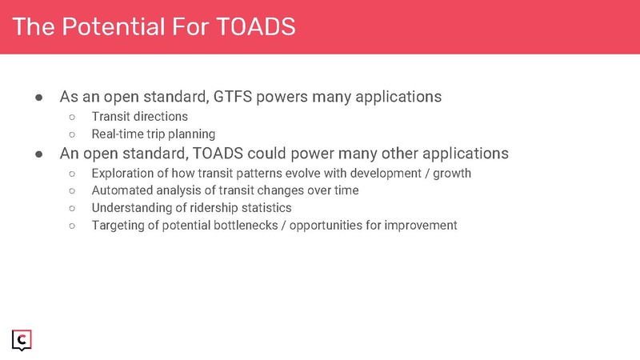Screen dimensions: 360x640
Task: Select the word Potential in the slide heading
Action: [x=116, y=27]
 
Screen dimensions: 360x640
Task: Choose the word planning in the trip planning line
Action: [x=190, y=134]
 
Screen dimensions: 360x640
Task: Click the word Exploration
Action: [x=124, y=172]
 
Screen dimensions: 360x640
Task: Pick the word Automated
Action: [x=122, y=190]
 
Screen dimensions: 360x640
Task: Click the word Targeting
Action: [x=118, y=225]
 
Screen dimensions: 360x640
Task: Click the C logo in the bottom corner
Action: [x=22, y=340]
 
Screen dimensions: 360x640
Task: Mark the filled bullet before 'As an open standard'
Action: [x=38, y=98]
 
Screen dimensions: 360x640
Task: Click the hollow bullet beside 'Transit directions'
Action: [x=72, y=117]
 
